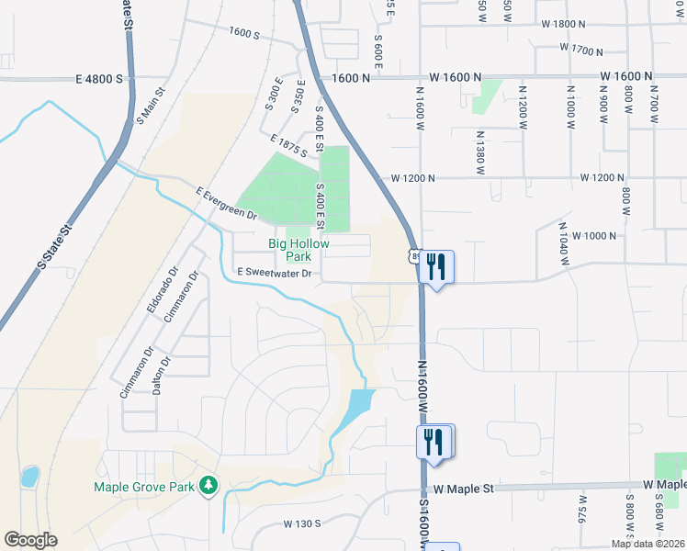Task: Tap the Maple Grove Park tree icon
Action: click(209, 484)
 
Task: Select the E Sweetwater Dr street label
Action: click(276, 273)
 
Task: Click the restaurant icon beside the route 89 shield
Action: click(436, 266)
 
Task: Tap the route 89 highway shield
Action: click(415, 258)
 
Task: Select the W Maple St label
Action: click(465, 489)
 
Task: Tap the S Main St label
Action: click(150, 106)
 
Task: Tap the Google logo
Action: click(30, 540)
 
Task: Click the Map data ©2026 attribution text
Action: click(648, 544)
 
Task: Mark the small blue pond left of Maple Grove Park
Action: click(30, 477)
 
